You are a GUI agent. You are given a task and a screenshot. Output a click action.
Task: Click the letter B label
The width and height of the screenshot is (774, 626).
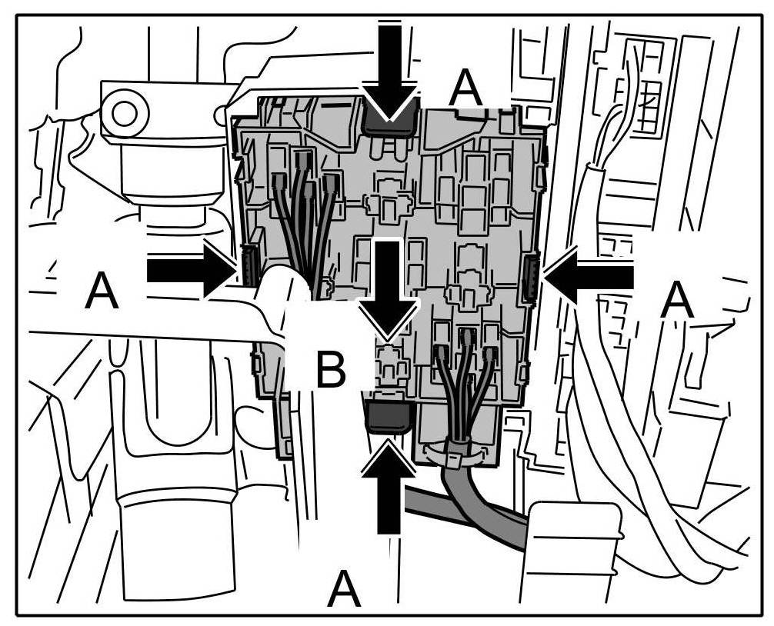click(x=331, y=371)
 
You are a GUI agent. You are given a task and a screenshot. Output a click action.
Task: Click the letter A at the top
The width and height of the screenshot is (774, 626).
click(x=467, y=89)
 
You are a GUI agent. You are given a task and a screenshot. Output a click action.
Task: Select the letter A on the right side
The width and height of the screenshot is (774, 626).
click(x=677, y=301)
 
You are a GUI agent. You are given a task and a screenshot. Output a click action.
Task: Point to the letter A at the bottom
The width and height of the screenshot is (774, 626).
click(x=343, y=590)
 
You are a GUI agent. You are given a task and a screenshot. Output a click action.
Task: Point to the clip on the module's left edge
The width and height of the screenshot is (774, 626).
click(x=248, y=264)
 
